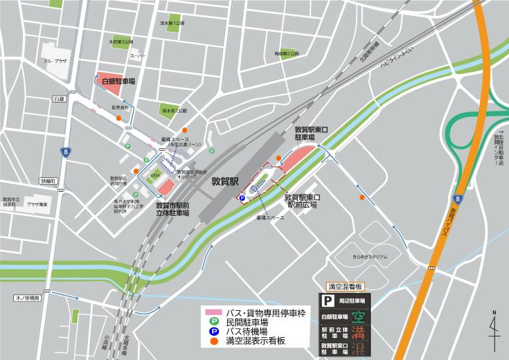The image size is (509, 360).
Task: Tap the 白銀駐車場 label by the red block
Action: coord(118,81)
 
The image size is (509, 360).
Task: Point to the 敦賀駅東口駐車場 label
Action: coord(315,133)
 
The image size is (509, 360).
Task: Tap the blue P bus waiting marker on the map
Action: coord(242,198)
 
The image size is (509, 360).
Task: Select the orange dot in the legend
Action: coord(213,342)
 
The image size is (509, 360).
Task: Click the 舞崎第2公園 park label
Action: coord(287,53)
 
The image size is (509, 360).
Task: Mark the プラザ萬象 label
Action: coord(37,204)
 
